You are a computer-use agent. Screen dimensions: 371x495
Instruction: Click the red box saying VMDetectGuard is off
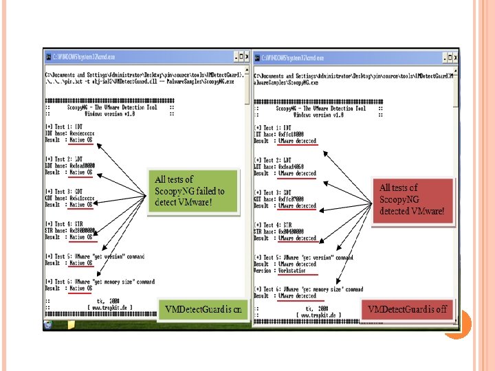coord(407,309)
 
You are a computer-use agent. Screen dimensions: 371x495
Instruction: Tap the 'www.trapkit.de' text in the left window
coord(109,307)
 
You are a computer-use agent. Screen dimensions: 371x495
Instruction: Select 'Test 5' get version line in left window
coord(95,257)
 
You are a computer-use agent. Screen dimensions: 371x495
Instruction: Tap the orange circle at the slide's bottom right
coord(454,324)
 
